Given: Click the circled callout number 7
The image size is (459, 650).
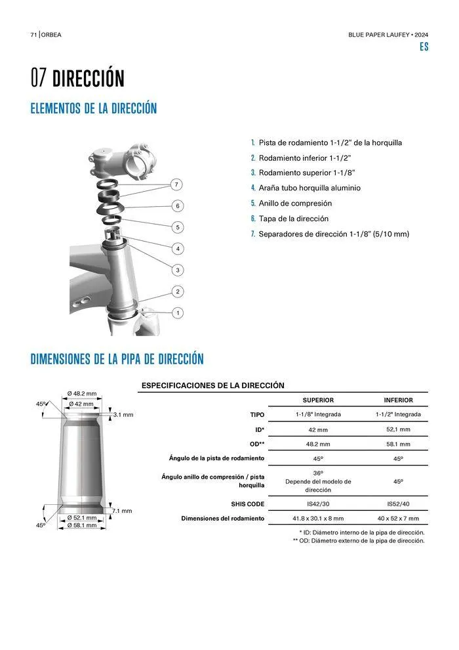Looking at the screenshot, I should (x=177, y=184).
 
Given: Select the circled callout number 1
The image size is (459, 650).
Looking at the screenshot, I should (x=177, y=313).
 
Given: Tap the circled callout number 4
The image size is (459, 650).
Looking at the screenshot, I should (x=177, y=249).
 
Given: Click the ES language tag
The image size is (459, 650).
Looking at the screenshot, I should (x=424, y=47).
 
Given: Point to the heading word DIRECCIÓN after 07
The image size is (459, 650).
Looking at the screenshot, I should (x=88, y=79).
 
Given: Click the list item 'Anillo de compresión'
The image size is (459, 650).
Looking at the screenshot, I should (x=295, y=204).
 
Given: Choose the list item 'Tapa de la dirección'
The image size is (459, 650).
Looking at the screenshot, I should (x=293, y=219).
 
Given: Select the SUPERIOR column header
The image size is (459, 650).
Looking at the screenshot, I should (x=318, y=400).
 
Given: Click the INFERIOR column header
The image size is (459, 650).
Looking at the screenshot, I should (x=398, y=400).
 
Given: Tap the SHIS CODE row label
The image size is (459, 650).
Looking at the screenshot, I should (x=247, y=504).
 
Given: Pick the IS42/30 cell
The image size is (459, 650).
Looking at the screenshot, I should (x=318, y=504).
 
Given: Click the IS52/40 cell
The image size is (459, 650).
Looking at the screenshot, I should (x=398, y=504).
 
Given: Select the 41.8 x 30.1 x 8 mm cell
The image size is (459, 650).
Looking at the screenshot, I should (x=318, y=519).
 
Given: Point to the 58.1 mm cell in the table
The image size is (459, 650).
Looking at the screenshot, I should (x=398, y=444).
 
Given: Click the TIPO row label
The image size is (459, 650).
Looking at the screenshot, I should (x=257, y=415).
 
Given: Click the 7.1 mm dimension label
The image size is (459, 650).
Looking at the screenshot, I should (x=123, y=511).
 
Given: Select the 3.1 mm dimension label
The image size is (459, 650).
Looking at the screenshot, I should (x=123, y=415).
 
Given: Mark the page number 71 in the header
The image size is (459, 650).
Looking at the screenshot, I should (x=33, y=34).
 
